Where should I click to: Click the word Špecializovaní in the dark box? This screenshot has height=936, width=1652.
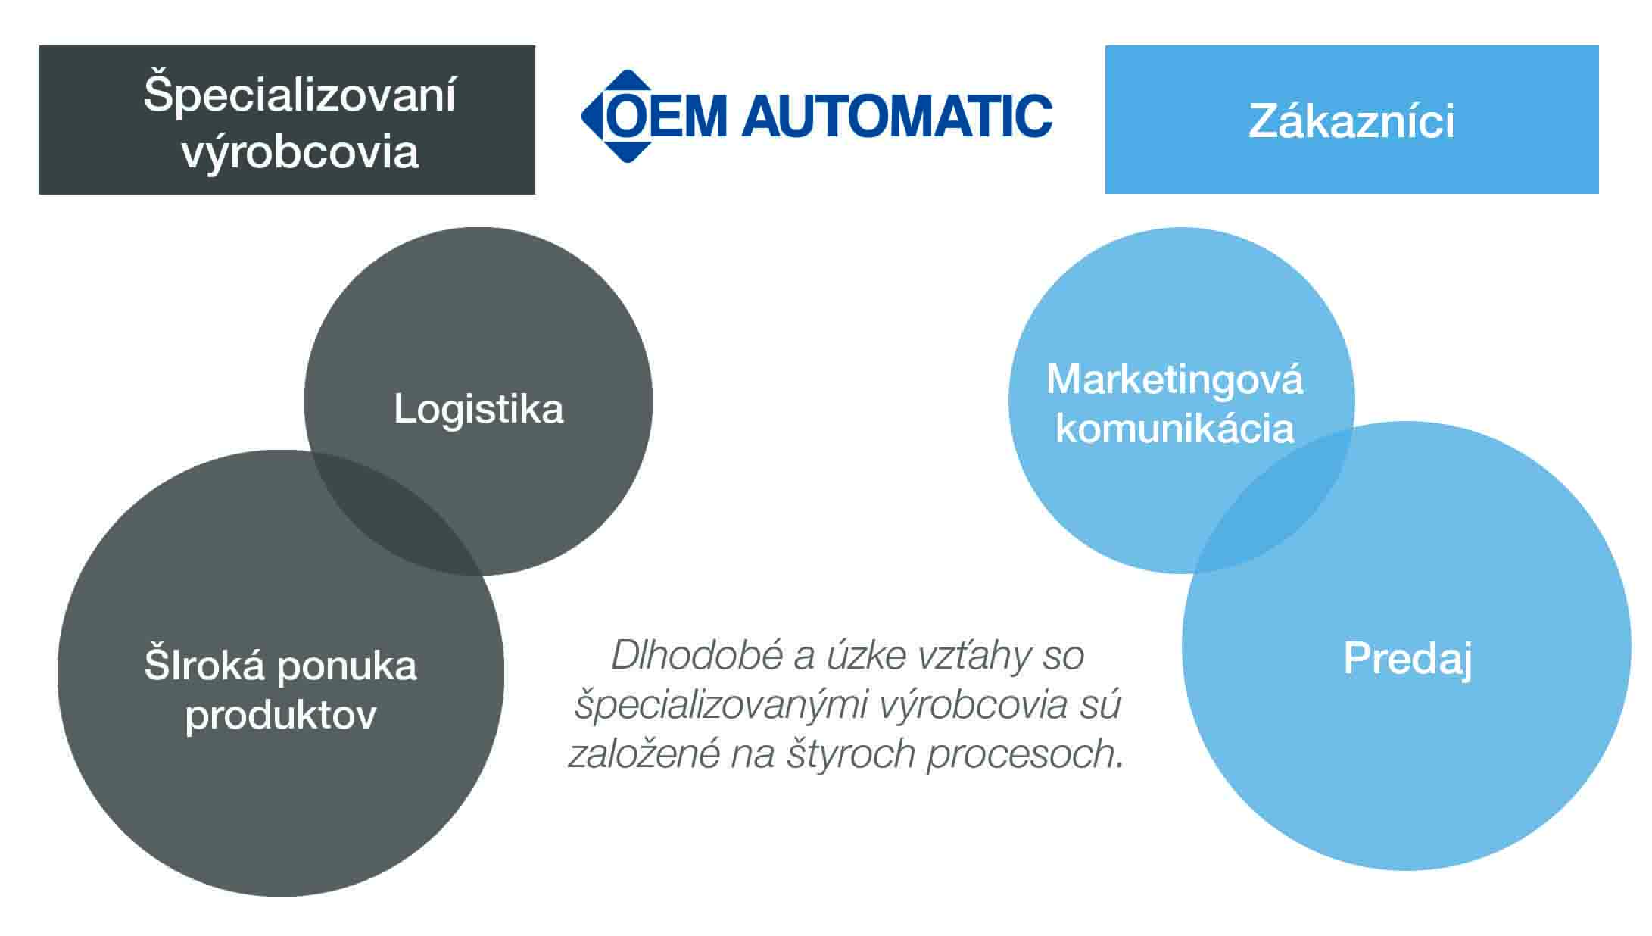click(x=300, y=95)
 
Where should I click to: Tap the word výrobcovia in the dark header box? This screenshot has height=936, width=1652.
click(x=300, y=151)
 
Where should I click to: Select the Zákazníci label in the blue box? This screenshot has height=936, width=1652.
click(x=1351, y=121)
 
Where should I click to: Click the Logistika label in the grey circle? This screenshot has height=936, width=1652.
click(x=478, y=410)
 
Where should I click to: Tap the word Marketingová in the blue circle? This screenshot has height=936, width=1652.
click(x=1174, y=379)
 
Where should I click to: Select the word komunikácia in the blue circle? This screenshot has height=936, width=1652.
click(x=1174, y=429)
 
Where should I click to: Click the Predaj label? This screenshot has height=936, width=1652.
click(x=1407, y=658)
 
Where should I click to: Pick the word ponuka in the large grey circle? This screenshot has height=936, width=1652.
click(x=347, y=666)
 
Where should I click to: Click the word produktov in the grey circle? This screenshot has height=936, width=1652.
click(x=280, y=715)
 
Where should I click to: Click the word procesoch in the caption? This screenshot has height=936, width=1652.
click(x=1024, y=754)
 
